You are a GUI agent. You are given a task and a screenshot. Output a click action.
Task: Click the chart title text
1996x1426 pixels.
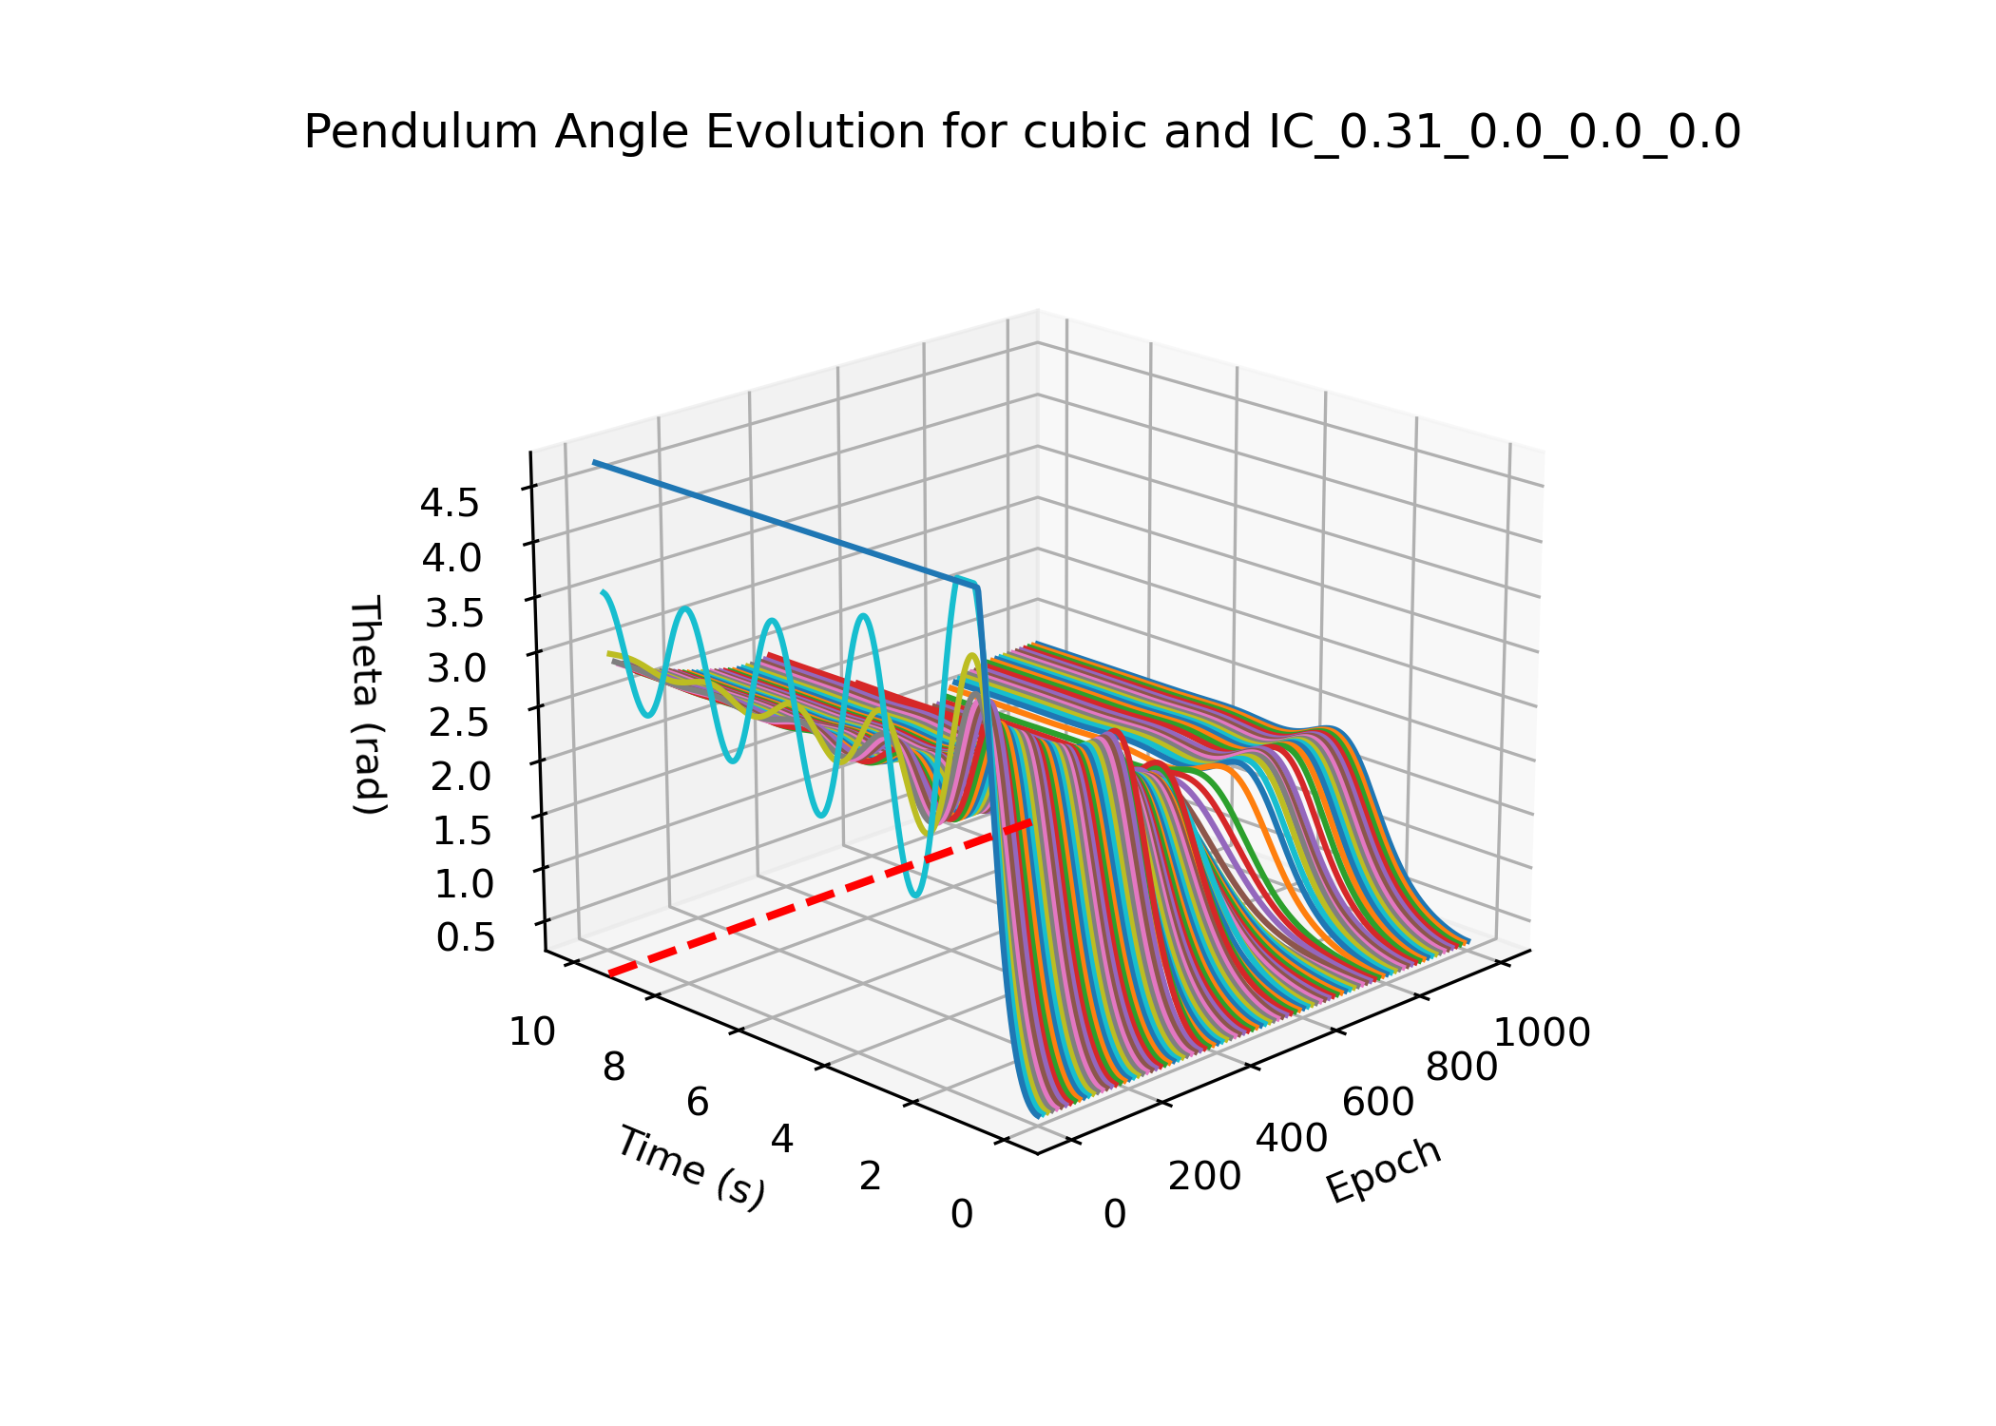1022,132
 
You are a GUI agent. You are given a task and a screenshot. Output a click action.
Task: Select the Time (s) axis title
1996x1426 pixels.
691,1167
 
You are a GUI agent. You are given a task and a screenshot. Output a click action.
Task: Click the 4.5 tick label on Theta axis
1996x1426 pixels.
451,503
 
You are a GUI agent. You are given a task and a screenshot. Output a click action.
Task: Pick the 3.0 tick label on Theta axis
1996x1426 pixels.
456,668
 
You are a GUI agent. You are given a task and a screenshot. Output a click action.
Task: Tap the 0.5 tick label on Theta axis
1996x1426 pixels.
466,937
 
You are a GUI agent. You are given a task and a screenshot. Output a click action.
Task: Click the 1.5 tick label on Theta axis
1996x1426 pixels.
462,831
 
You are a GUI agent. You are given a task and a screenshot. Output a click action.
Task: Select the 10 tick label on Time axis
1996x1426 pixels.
532,1032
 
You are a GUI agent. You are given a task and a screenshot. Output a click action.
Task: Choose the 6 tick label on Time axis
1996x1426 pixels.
698,1103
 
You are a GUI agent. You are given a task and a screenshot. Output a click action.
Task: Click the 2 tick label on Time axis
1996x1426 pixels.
871,1177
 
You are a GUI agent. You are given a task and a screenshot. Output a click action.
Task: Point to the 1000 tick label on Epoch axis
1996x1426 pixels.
1543,1032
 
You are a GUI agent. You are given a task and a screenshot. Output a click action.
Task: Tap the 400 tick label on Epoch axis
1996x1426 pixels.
1292,1138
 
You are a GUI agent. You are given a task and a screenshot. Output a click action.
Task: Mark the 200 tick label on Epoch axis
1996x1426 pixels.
1204,1177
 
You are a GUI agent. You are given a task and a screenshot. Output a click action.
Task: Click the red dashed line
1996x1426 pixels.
817,897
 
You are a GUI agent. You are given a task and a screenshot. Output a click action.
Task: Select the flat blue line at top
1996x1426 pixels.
779,523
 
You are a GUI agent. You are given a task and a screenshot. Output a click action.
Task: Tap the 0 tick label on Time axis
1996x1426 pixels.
962,1214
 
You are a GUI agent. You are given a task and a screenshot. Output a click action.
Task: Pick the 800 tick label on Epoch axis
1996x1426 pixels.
1462,1068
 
